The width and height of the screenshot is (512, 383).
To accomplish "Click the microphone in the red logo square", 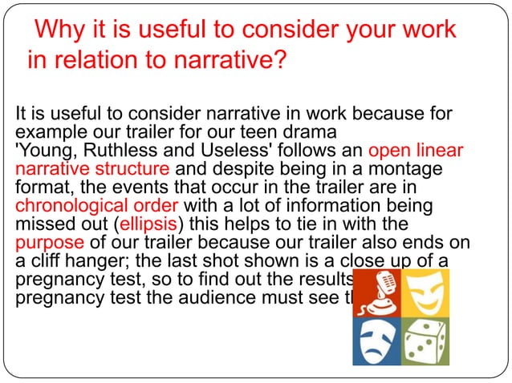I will [376, 292].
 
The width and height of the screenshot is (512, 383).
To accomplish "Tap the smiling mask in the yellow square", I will [424, 292].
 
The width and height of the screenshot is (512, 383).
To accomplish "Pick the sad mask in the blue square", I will [376, 340].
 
